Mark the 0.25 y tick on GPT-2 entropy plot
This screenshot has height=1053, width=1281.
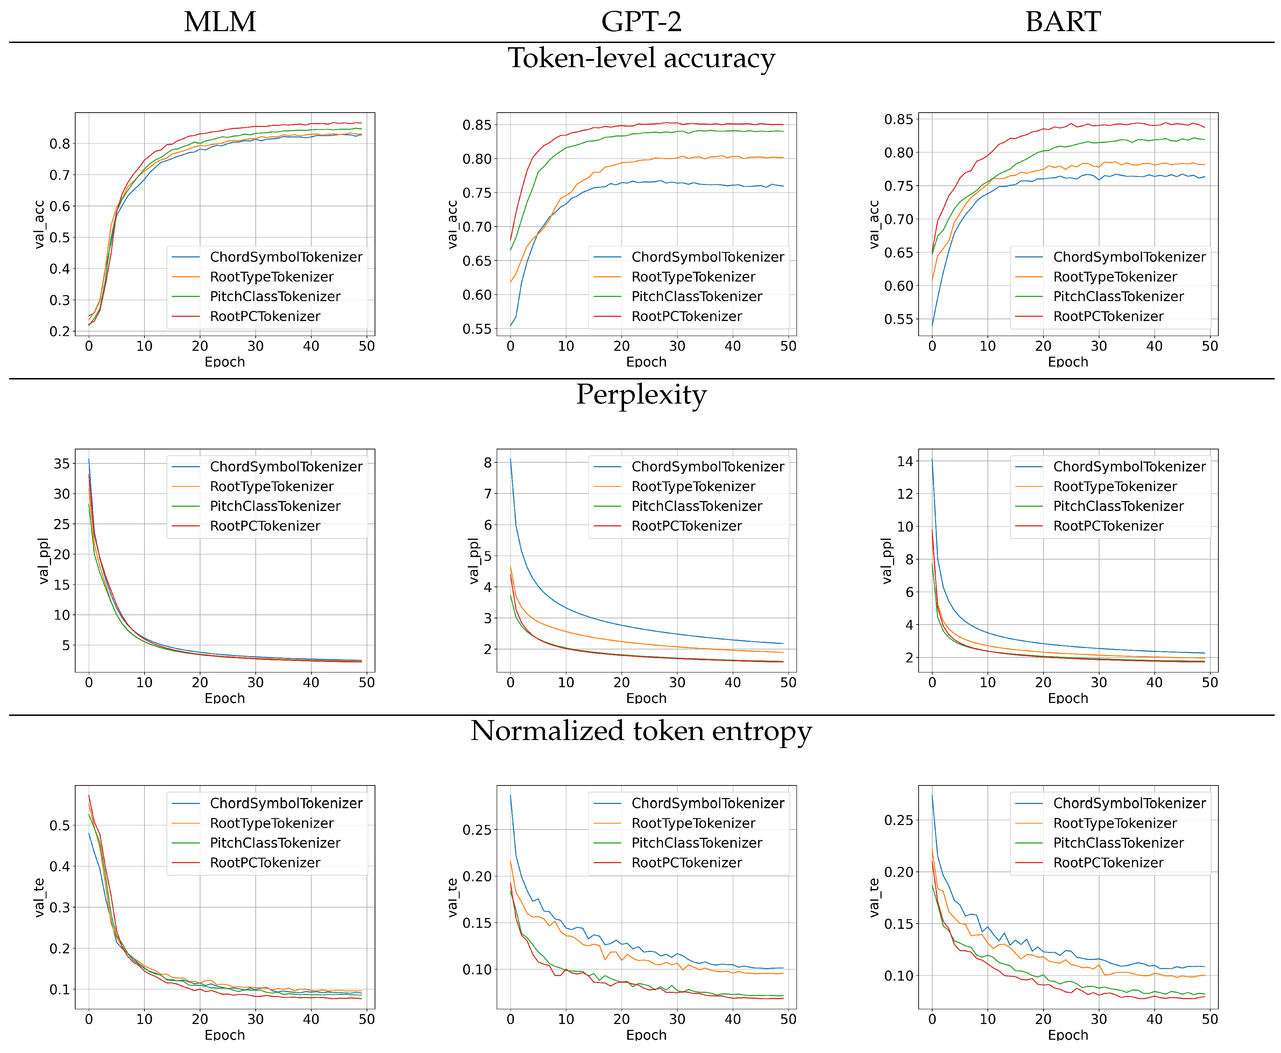point(476,830)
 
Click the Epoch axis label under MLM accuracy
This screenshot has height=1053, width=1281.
point(225,362)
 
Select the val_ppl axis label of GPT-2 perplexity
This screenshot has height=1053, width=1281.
point(473,561)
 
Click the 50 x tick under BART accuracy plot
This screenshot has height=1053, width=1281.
point(1209,346)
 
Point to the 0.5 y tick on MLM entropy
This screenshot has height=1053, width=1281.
point(59,826)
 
